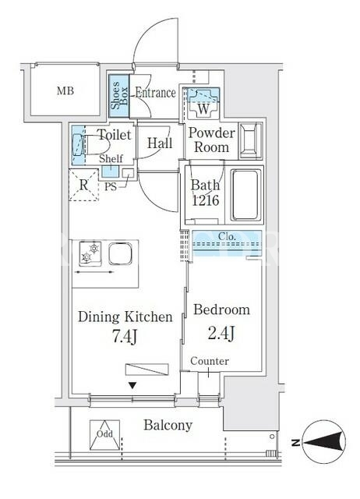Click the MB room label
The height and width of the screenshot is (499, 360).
(65, 91)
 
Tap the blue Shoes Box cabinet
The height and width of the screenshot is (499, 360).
(119, 96)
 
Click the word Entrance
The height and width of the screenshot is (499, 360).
(155, 93)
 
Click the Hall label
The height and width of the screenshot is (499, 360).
(160, 143)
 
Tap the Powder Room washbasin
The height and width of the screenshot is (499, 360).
(251, 140)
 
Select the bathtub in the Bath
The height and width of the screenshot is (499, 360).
(245, 195)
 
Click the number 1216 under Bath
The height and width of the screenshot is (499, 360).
(206, 200)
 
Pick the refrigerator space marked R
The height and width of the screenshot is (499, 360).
(84, 185)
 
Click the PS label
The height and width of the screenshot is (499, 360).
(111, 187)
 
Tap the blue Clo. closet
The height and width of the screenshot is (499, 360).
(227, 243)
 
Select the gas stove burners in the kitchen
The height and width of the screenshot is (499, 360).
(90, 253)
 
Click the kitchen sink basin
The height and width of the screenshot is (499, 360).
(120, 254)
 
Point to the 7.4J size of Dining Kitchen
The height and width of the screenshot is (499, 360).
(125, 336)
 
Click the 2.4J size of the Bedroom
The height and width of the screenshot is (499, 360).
(221, 333)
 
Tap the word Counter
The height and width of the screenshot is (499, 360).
(210, 361)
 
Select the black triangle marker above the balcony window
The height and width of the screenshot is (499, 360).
(132, 386)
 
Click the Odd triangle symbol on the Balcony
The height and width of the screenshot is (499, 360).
(104, 435)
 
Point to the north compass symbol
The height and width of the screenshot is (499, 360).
(323, 442)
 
